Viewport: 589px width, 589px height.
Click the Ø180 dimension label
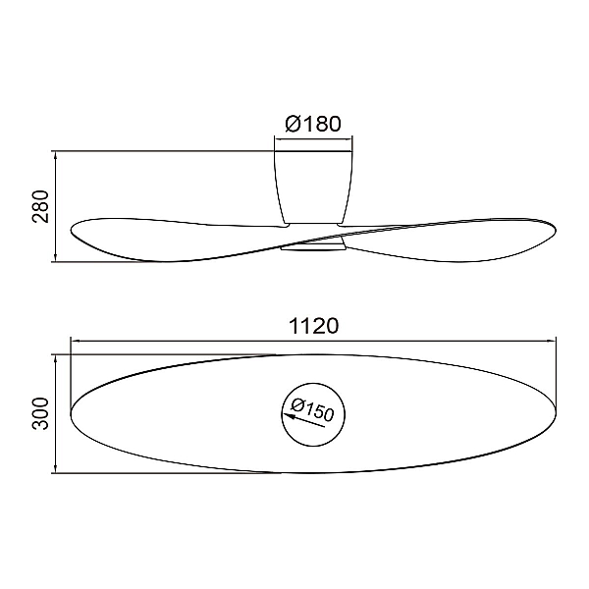(x=313, y=124)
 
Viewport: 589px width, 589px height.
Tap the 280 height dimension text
(x=40, y=206)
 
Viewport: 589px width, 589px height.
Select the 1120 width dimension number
(x=314, y=326)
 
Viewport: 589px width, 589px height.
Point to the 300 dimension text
(x=40, y=413)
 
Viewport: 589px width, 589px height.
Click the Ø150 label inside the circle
(x=312, y=410)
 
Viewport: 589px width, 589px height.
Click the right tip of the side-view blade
(x=556, y=230)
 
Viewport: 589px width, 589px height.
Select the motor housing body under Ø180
(x=313, y=187)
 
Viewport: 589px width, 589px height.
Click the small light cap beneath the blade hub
(x=313, y=246)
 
